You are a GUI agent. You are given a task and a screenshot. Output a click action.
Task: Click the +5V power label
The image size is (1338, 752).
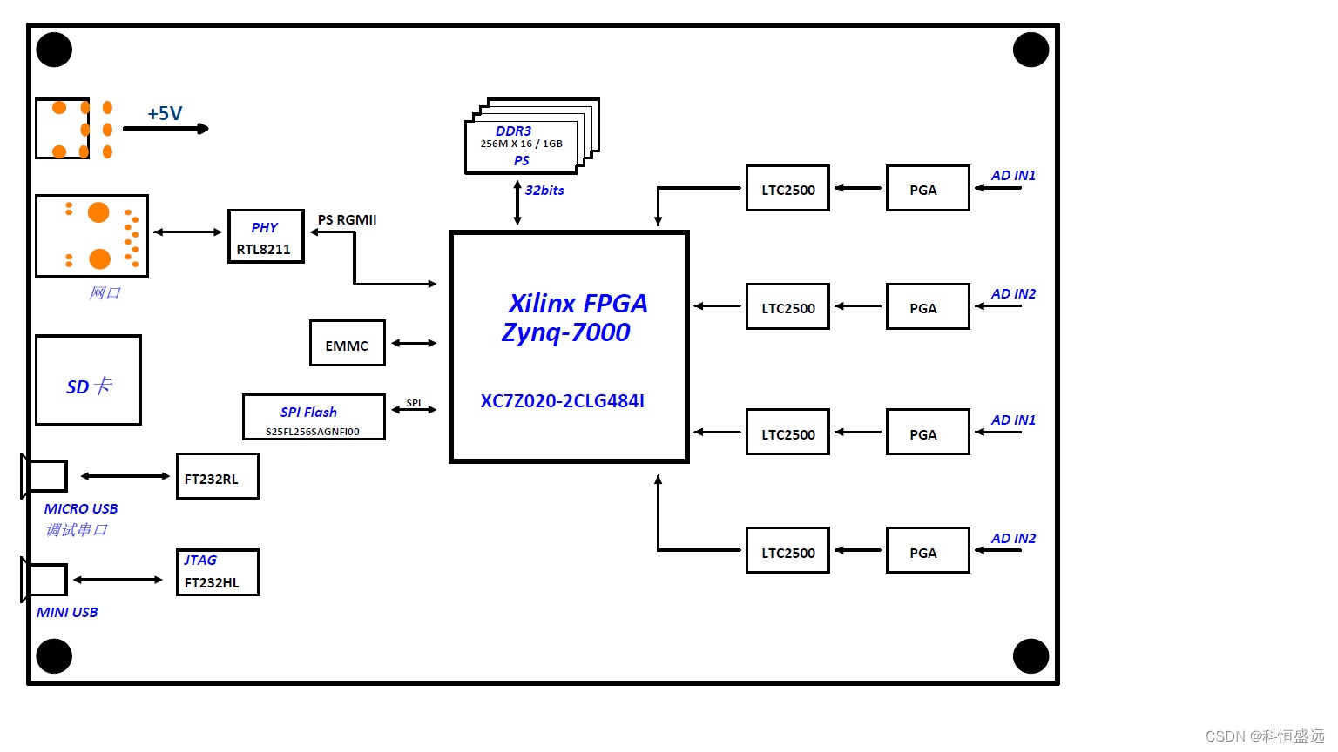click(165, 113)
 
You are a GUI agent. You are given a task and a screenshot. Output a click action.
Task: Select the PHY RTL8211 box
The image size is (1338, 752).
click(266, 236)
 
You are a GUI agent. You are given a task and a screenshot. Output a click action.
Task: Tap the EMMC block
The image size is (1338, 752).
click(347, 344)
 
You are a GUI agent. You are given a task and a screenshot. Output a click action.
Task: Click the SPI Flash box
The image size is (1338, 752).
click(314, 417)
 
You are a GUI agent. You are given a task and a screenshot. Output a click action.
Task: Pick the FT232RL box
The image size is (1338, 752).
click(217, 476)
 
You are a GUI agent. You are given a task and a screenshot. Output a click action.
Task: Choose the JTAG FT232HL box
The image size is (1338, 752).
click(217, 572)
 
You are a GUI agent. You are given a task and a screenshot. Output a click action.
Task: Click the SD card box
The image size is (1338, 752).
click(88, 380)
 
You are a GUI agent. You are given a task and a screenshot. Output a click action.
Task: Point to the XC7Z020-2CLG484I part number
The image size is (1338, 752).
click(562, 401)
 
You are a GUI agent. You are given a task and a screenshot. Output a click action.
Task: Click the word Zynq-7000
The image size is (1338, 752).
click(565, 332)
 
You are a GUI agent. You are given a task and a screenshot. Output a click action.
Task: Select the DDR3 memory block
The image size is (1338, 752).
click(522, 146)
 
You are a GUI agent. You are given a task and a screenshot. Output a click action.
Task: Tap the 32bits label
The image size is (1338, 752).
click(544, 191)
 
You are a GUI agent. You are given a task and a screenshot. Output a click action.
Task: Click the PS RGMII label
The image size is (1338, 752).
click(347, 220)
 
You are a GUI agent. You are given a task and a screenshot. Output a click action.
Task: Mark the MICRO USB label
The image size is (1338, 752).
click(81, 509)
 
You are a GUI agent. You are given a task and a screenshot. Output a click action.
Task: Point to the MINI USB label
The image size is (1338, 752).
click(67, 613)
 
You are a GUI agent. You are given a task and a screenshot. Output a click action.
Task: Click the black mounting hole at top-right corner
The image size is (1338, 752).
click(1031, 50)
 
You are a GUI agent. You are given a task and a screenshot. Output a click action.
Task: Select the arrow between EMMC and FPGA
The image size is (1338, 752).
click(414, 344)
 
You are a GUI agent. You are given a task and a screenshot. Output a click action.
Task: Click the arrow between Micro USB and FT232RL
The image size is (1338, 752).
click(125, 476)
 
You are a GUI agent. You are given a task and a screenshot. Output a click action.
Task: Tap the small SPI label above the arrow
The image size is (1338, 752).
click(414, 403)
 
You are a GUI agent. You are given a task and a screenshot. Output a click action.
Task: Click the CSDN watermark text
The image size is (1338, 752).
click(1264, 736)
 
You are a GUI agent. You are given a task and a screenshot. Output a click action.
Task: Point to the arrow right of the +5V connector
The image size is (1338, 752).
click(166, 129)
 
